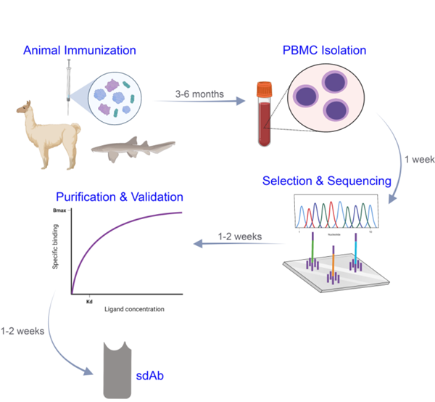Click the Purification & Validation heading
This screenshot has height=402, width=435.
(x=120, y=196)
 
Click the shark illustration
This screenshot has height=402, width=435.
(x=134, y=147)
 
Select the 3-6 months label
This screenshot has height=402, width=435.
(x=199, y=94)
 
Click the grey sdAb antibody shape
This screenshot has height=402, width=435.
(x=119, y=370)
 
